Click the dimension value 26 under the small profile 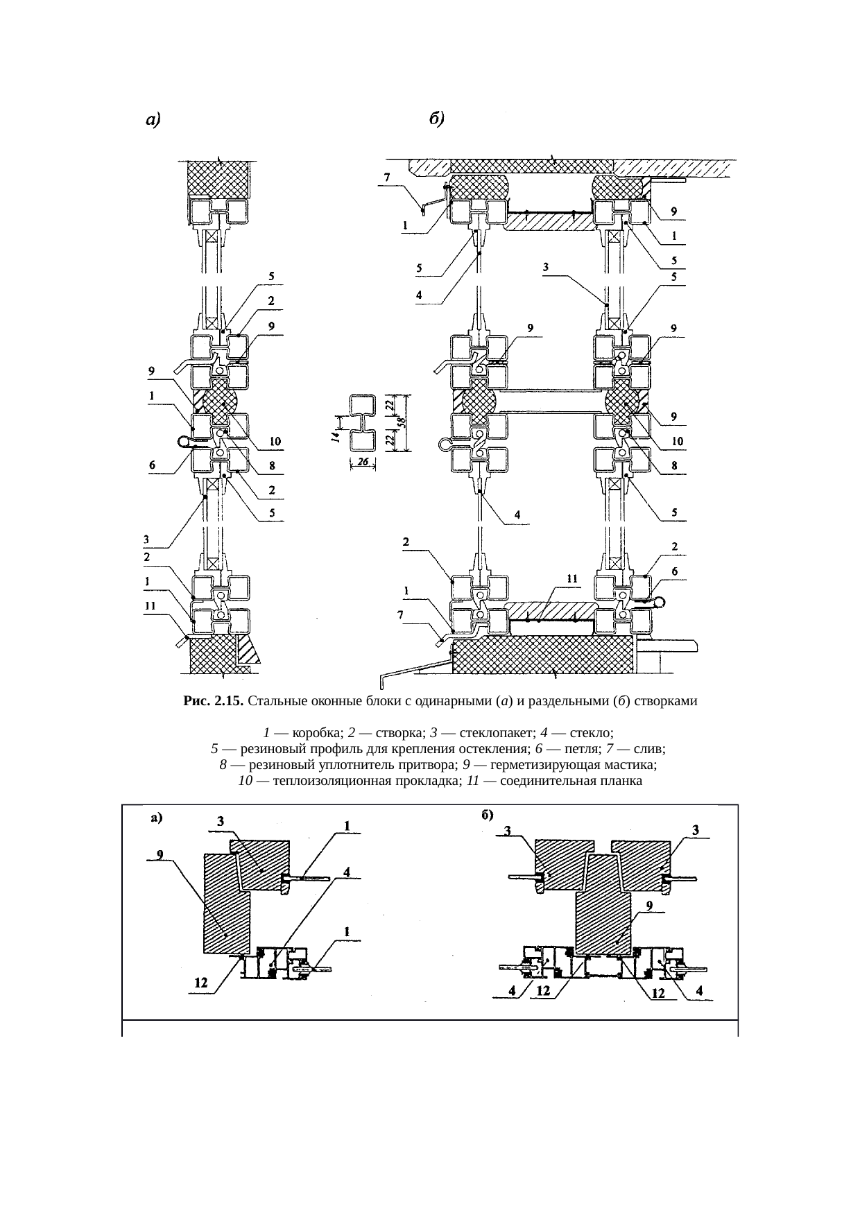tap(363, 460)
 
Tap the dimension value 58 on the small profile tap(402, 422)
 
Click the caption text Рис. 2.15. tap(213, 701)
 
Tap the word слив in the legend tap(649, 749)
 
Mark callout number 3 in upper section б tap(547, 266)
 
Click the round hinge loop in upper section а tap(185, 440)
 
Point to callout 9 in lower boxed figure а tap(159, 854)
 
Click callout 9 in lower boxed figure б tap(648, 905)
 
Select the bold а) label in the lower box tap(157, 818)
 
